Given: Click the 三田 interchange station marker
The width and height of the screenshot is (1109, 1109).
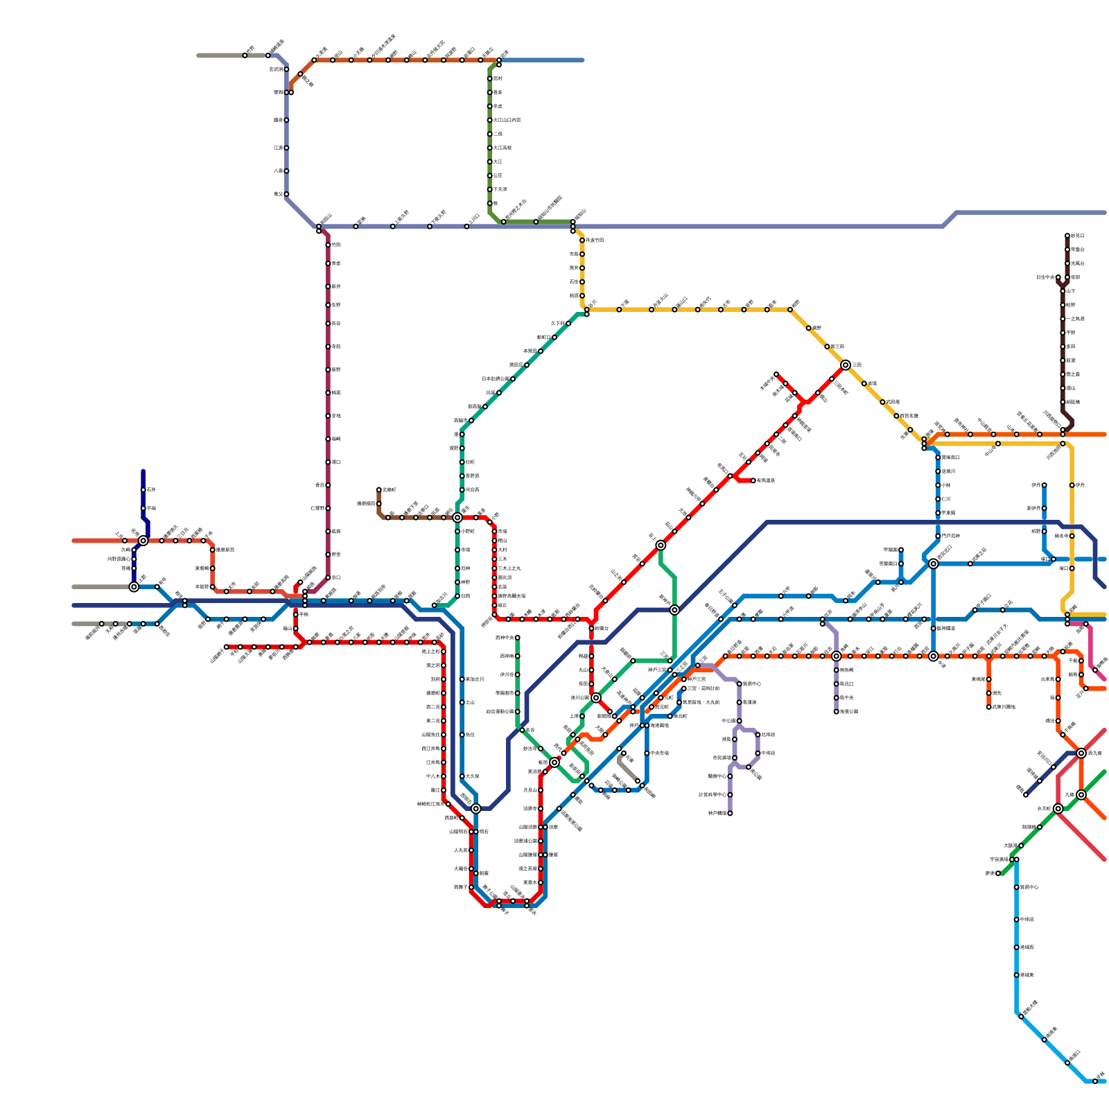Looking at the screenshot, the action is [x=846, y=365].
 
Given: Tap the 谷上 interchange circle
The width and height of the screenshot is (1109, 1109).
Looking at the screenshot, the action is [x=661, y=545].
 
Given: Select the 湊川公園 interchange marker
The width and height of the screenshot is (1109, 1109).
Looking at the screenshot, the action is [x=596, y=697].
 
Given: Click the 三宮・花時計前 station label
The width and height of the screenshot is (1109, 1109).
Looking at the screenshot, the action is [x=703, y=688].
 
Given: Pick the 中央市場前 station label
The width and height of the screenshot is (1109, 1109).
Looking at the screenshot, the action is [x=658, y=753].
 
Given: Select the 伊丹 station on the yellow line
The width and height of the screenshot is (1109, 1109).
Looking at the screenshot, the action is [x=1072, y=485].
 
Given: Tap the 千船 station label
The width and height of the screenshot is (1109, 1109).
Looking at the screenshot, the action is [x=1072, y=661].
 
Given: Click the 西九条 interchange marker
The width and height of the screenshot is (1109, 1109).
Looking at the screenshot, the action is [x=1081, y=753].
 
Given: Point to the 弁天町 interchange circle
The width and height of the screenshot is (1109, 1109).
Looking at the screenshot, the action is [x=1058, y=808].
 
